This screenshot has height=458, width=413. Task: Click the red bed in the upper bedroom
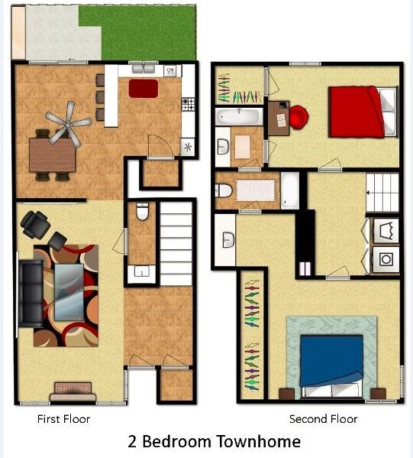(x=356, y=112)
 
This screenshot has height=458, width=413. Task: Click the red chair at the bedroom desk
(x=299, y=118)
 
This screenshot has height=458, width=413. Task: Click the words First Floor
(x=64, y=419)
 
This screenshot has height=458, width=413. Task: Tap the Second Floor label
(x=323, y=419)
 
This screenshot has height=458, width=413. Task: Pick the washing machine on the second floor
(x=385, y=258)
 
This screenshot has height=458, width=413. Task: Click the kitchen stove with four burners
(x=187, y=102)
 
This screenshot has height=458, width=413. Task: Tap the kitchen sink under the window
(x=169, y=71)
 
